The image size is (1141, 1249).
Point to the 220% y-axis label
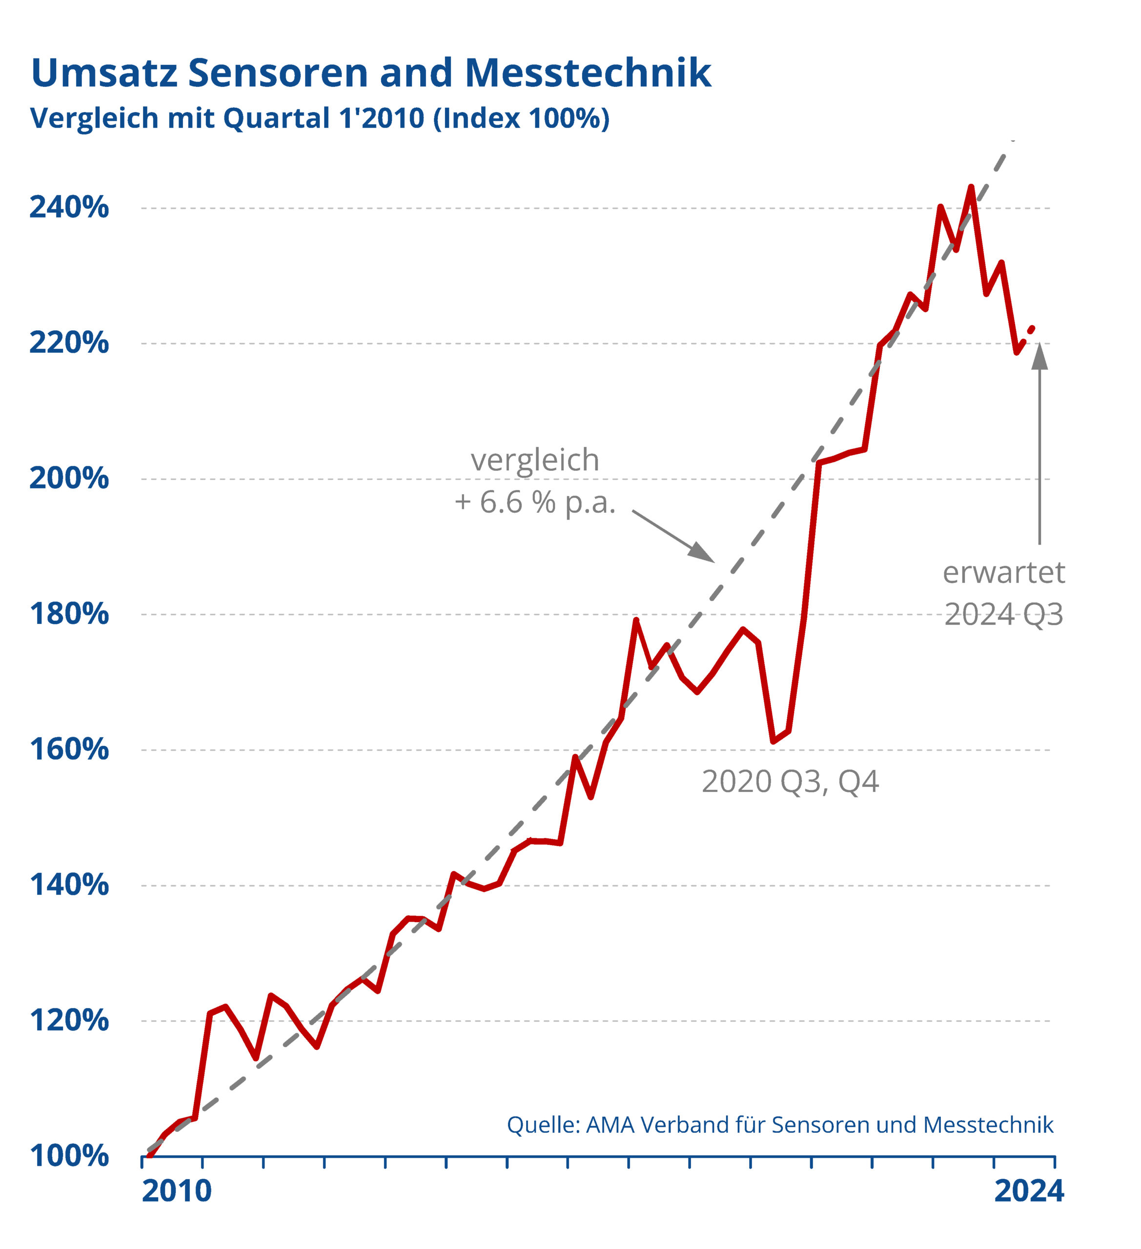pos(69,342)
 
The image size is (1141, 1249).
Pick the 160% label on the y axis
pos(69,750)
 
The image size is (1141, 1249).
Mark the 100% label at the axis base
pos(69,1156)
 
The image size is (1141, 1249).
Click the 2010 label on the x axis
pos(177,1191)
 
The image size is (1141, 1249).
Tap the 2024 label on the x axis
pos(1029,1191)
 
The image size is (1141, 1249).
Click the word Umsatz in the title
pos(104,73)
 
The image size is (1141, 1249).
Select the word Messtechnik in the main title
pos(588,73)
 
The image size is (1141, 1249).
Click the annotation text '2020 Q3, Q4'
pos(790,782)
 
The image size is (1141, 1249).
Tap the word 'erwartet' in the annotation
pos(1003,573)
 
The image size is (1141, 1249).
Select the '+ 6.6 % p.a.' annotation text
pos(535,503)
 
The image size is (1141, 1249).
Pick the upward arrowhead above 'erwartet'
pos(1039,356)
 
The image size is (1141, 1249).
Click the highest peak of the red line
pos(971,186)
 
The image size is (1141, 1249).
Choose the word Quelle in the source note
pos(541,1125)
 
